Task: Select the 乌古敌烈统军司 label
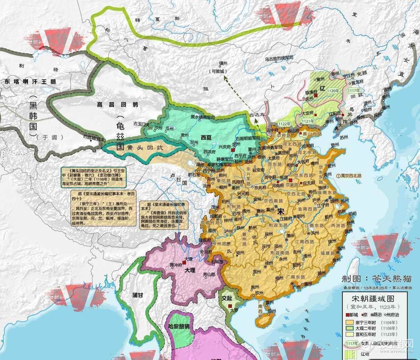pos(281,59)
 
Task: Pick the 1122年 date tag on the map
pos(284,124)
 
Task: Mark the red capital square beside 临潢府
pos(316,96)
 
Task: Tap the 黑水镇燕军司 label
pos(202,117)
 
